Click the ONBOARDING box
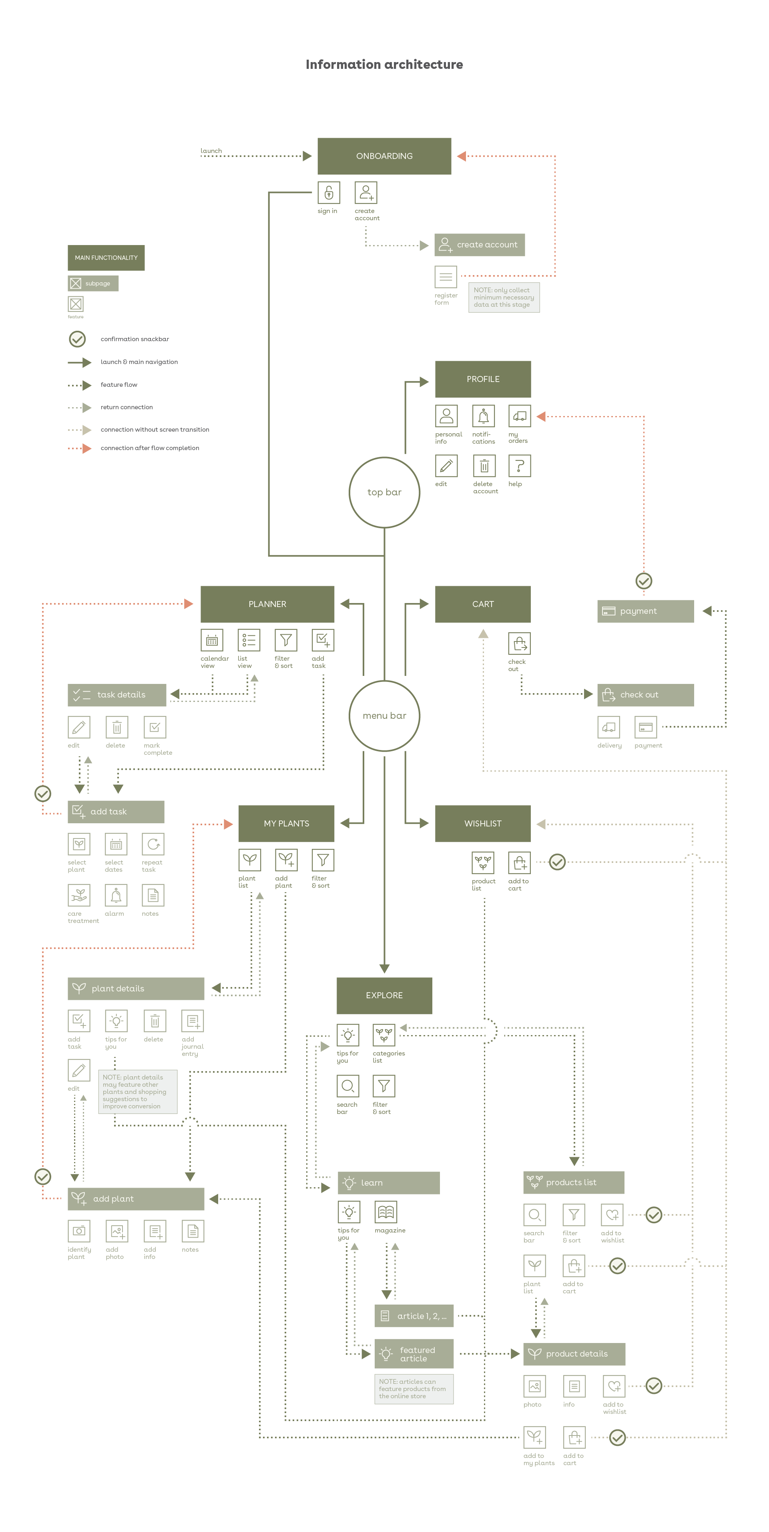(x=384, y=156)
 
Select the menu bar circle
(x=384, y=716)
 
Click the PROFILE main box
(x=482, y=379)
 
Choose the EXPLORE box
(x=384, y=995)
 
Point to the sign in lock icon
(x=328, y=193)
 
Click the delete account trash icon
(x=484, y=466)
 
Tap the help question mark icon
(x=519, y=466)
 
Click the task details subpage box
(x=116, y=695)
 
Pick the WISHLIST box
(x=482, y=823)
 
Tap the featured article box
(x=414, y=1353)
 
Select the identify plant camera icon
(x=78, y=1230)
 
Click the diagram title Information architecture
(x=384, y=64)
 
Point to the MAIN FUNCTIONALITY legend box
(x=106, y=257)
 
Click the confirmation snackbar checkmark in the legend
(x=77, y=339)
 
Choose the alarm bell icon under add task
(x=116, y=895)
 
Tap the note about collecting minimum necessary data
(x=503, y=298)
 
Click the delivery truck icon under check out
(x=608, y=727)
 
